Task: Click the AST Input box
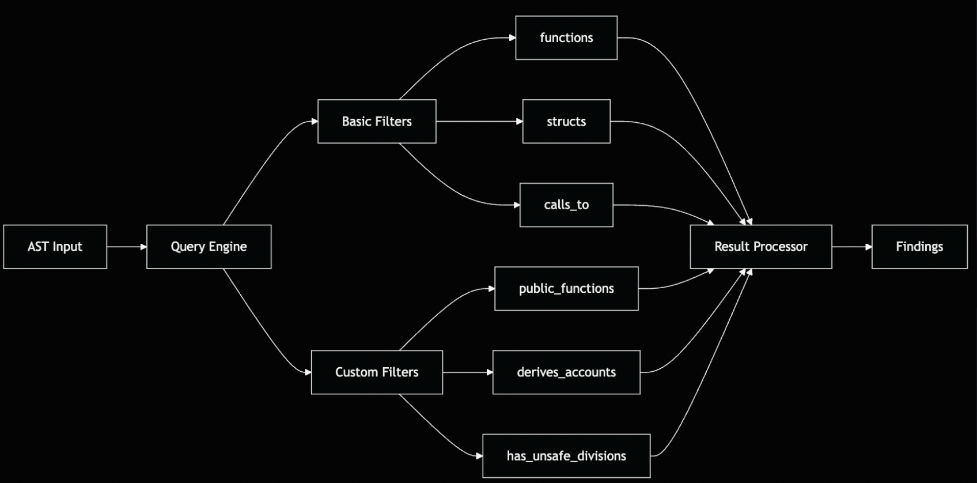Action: click(55, 247)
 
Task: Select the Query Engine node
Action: click(209, 247)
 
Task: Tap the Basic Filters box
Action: click(377, 122)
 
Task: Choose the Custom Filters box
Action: click(377, 372)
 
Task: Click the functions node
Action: click(566, 38)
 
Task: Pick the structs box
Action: click(566, 122)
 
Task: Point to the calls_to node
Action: click(566, 205)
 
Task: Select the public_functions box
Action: click(566, 289)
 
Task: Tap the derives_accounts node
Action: click(566, 372)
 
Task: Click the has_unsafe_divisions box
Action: click(566, 456)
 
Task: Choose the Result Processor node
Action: click(761, 247)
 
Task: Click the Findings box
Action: click(919, 247)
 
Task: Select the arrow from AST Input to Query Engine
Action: click(127, 247)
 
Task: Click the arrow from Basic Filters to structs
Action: click(479, 122)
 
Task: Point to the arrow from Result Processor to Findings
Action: click(852, 247)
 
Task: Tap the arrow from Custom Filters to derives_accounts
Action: click(468, 372)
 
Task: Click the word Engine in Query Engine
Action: click(228, 247)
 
